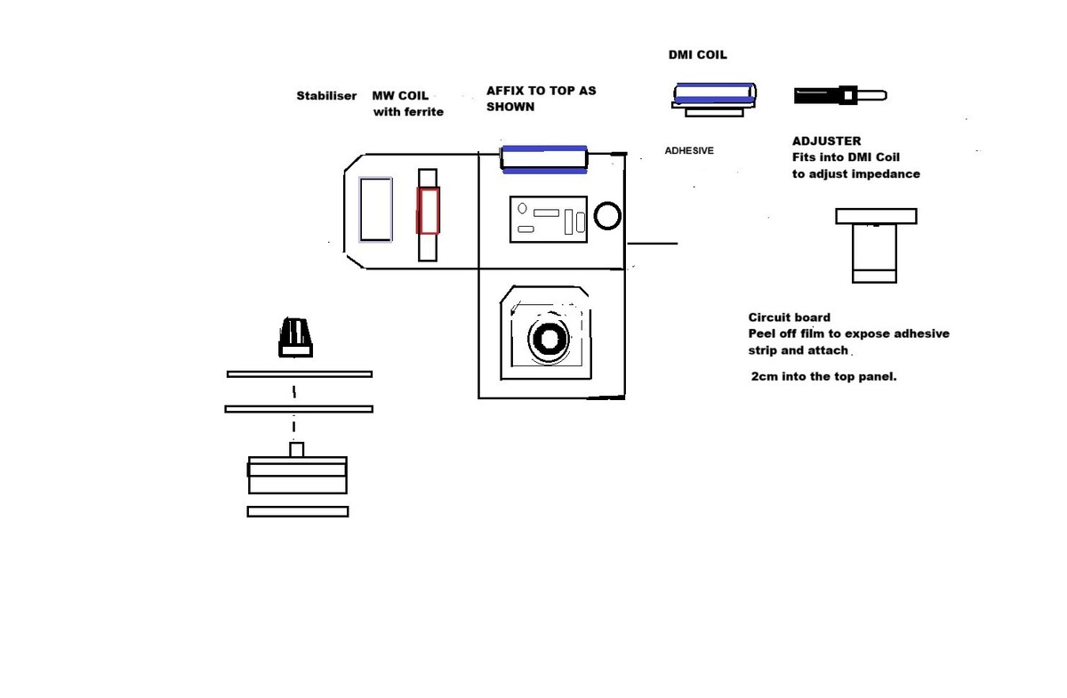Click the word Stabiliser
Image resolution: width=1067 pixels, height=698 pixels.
(x=326, y=96)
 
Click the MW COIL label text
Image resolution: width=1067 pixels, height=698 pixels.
(x=400, y=96)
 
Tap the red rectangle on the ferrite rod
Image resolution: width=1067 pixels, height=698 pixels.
(x=428, y=211)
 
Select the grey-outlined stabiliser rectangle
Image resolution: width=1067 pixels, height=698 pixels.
(x=375, y=210)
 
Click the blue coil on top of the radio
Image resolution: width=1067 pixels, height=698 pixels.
(x=543, y=158)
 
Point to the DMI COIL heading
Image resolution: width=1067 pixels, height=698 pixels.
(x=697, y=55)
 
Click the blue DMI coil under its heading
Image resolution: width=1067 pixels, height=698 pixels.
(x=715, y=95)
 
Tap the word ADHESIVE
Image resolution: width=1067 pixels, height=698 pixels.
(x=689, y=151)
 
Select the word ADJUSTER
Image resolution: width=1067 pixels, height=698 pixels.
(x=826, y=140)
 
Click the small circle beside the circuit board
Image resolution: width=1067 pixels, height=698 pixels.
(x=607, y=215)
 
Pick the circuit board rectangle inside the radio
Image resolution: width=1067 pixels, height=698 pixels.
(x=548, y=219)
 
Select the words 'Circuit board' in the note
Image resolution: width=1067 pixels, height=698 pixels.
(x=789, y=317)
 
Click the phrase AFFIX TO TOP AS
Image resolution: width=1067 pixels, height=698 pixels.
(x=541, y=91)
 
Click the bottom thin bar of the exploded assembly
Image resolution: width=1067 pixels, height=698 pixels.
(x=297, y=511)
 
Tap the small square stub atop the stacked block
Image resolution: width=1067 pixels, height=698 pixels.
(x=297, y=449)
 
